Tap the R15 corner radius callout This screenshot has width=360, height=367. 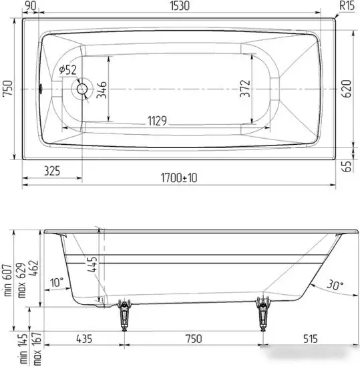[x=347, y=6]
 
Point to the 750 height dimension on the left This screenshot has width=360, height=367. [x=7, y=89]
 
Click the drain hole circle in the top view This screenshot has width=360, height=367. [x=83, y=89]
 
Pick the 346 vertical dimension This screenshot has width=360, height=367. [x=101, y=89]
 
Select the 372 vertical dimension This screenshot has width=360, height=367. [x=245, y=89]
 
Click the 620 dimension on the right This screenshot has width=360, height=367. [x=347, y=89]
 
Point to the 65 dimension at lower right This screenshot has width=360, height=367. [x=347, y=166]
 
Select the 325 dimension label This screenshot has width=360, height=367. [x=48, y=171]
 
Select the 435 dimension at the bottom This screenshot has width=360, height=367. [x=84, y=340]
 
